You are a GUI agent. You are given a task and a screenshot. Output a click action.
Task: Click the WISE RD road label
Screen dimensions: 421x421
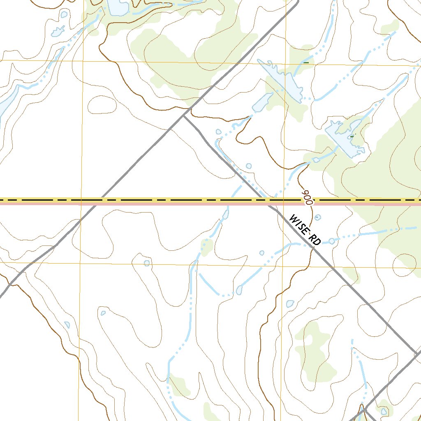click(305, 230)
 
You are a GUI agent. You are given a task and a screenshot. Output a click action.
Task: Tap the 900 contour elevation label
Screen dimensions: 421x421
click(307, 197)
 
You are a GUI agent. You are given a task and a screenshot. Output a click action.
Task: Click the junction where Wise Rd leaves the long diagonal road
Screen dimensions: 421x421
click(184, 116)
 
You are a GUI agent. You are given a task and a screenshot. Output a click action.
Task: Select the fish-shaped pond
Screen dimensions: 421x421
click(58, 30)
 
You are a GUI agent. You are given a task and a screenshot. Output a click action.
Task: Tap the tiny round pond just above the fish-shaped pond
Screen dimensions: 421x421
click(63, 14)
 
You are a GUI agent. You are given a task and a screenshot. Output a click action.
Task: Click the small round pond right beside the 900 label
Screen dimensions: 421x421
click(318, 217)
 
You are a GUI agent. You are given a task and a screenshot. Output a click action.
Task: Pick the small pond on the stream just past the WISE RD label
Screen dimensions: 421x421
click(332, 241)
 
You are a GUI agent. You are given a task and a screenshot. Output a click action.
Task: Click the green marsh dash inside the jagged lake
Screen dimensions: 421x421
click(352, 136)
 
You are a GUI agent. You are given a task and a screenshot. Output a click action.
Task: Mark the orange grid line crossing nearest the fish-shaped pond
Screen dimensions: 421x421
click(83, 61)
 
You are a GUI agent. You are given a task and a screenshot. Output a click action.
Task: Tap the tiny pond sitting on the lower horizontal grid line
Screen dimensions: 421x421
click(147, 263)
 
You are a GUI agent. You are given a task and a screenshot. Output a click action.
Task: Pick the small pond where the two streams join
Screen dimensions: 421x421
click(239, 290)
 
